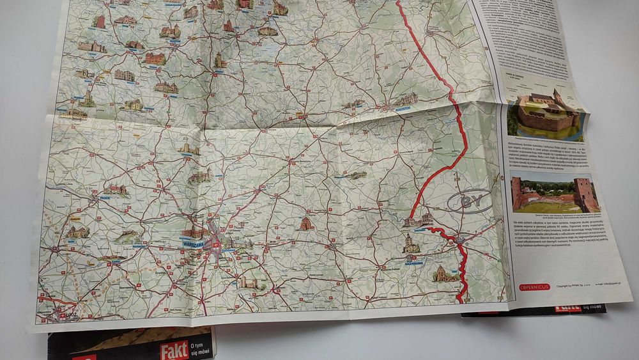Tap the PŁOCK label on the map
[106, 198]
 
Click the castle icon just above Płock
[117, 189]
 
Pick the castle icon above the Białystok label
[405, 99]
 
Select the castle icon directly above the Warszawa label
[193, 233]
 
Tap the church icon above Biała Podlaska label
[411, 243]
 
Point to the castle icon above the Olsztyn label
[170, 30]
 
